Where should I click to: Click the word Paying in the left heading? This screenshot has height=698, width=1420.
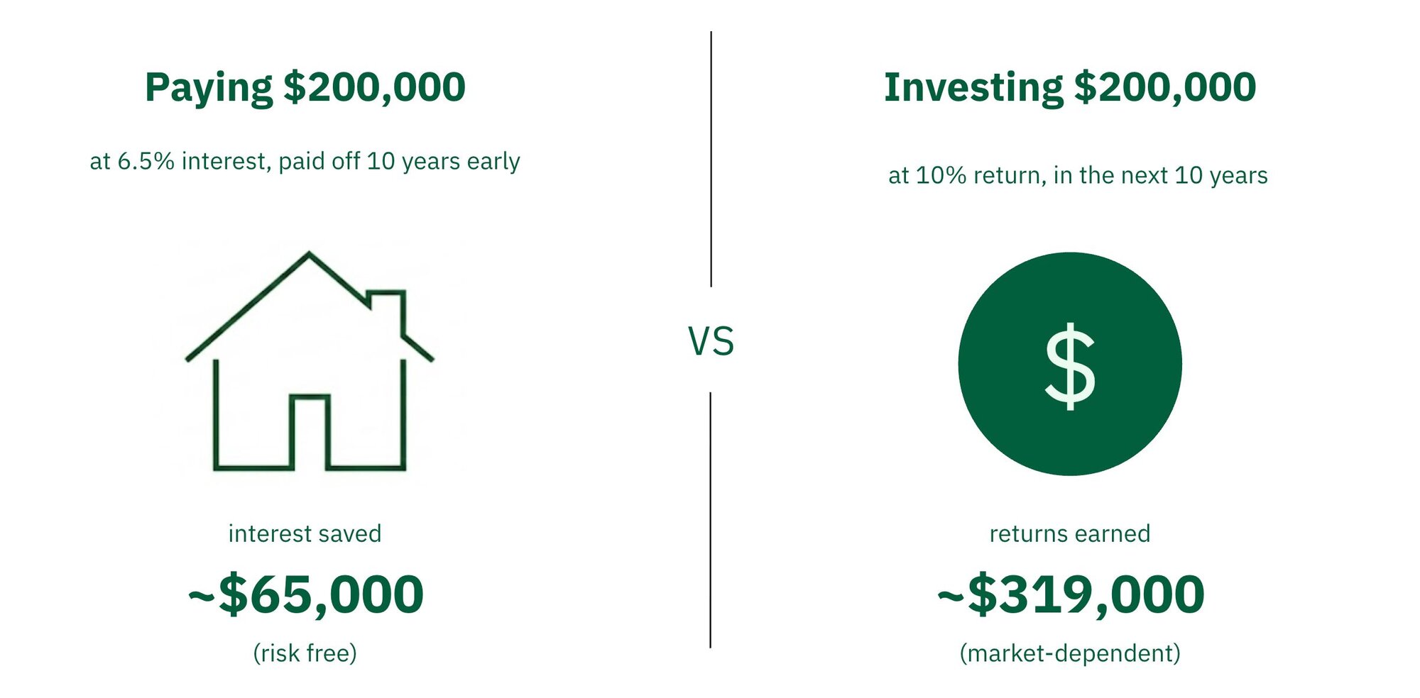pos(208,88)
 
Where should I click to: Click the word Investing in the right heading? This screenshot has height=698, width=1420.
pos(973,88)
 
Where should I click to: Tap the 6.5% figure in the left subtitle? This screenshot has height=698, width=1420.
pos(146,162)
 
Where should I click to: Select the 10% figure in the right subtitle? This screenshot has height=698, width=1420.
pos(941,175)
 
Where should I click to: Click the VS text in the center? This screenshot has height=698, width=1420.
pos(711,341)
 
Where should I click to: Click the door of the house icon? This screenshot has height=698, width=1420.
pos(310,433)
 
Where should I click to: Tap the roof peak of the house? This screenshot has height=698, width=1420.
pos(309,254)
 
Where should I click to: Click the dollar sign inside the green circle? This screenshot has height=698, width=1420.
pos(1070,366)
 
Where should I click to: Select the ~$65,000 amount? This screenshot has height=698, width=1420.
pos(305,594)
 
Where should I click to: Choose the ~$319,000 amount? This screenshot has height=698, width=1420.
pos(1070,594)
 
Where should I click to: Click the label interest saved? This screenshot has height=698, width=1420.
pos(305,533)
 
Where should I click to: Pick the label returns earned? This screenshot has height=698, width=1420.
pos(1070,533)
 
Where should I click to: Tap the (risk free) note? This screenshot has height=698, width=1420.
pos(305,653)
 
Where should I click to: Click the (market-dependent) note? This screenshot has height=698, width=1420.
pos(1070,653)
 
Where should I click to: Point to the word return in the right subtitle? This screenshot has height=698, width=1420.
pos(1009,175)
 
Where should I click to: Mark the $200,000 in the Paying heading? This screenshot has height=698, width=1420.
pos(374,88)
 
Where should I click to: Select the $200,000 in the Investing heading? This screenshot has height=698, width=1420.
pos(1164,88)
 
